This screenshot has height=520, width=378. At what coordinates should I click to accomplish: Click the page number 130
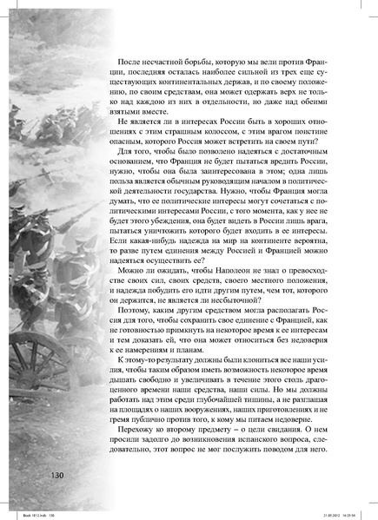click(43, 474)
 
